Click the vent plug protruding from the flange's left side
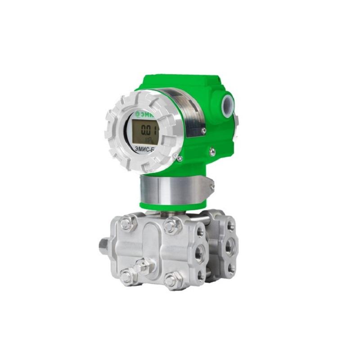click(105, 246)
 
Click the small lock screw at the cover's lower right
click(180, 158)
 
